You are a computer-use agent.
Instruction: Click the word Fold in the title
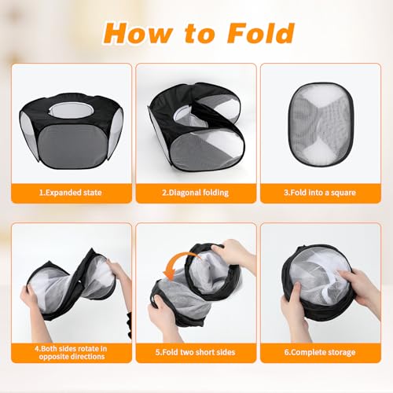[261, 33]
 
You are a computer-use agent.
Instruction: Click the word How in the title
[137, 33]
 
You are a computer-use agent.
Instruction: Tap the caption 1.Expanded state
[71, 193]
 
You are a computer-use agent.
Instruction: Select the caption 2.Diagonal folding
[196, 193]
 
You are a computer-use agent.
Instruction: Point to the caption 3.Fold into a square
[320, 193]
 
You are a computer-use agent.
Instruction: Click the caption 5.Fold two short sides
[196, 352]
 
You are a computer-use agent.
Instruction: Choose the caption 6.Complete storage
[320, 352]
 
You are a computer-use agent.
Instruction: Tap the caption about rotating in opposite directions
[71, 352]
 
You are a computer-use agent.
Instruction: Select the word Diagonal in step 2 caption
[185, 193]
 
